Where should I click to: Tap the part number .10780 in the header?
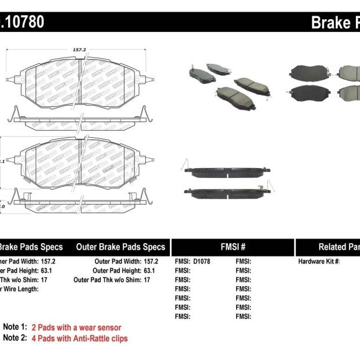click(x=22, y=22)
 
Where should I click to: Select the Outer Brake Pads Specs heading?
click(x=120, y=247)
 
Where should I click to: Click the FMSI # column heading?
click(x=233, y=247)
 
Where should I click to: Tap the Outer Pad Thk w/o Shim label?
click(x=107, y=280)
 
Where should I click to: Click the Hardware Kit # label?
click(x=319, y=262)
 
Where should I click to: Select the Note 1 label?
click(x=15, y=327)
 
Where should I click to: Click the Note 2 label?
click(x=15, y=338)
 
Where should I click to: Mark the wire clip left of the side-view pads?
click(x=184, y=165)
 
